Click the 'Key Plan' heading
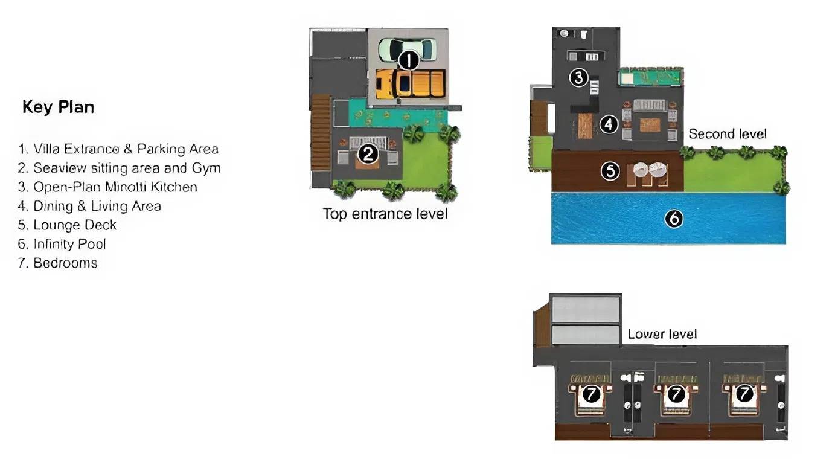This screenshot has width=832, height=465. (59, 107)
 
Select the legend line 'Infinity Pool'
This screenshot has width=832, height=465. (62, 244)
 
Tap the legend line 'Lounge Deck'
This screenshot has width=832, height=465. (67, 225)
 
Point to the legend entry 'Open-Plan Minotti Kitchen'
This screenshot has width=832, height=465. (107, 187)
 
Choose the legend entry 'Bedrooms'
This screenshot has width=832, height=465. (57, 263)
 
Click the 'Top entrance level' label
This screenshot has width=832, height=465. (385, 214)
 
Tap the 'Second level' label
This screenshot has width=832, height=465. (728, 133)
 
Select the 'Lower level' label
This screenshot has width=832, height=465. (662, 334)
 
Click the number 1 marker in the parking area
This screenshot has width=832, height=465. (408, 60)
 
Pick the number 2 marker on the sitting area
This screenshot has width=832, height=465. (368, 154)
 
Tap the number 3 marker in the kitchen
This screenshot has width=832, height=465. (578, 78)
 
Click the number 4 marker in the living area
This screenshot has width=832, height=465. (609, 124)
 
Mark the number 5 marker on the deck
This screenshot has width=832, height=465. (610, 172)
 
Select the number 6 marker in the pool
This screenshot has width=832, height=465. (674, 219)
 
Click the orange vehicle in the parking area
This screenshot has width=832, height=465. (410, 84)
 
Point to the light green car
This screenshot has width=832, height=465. (407, 50)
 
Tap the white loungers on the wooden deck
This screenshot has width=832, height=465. (650, 170)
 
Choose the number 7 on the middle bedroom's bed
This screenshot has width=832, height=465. (676, 394)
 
